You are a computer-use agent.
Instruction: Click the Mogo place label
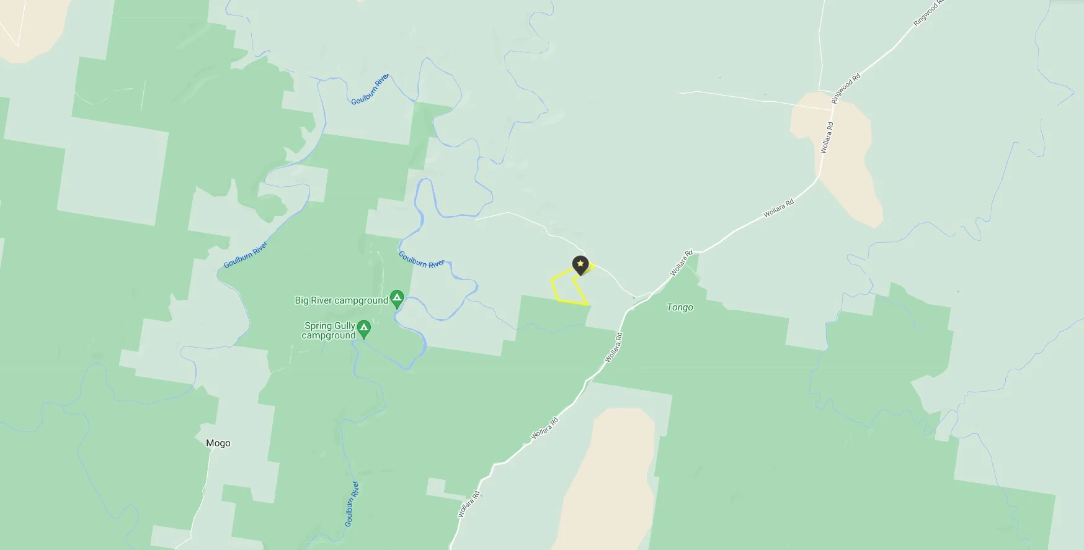pos(218,443)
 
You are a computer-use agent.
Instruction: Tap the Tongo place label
pos(680,307)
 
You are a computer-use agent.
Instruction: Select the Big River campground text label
pos(341,300)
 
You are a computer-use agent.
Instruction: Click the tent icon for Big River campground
pos(397,298)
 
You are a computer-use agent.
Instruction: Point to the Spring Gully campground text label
pos(329,330)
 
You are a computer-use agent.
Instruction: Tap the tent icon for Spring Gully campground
pos(364,327)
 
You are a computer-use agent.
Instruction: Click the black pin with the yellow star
pos(580,265)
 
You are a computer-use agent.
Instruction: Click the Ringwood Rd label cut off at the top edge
pos(928,12)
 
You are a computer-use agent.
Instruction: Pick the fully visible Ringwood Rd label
pos(846,88)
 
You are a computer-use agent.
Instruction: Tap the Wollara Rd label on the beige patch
pos(827,138)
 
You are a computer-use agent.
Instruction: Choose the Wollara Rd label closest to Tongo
pos(681,263)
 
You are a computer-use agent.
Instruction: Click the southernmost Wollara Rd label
pos(469,504)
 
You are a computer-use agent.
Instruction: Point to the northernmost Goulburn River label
pos(370,89)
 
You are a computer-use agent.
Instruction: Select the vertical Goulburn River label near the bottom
pos(352,504)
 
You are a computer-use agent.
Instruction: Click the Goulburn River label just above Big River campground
pos(421,259)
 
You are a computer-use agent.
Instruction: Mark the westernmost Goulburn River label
pos(246,255)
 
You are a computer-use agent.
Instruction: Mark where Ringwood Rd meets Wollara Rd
pos(832,109)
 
